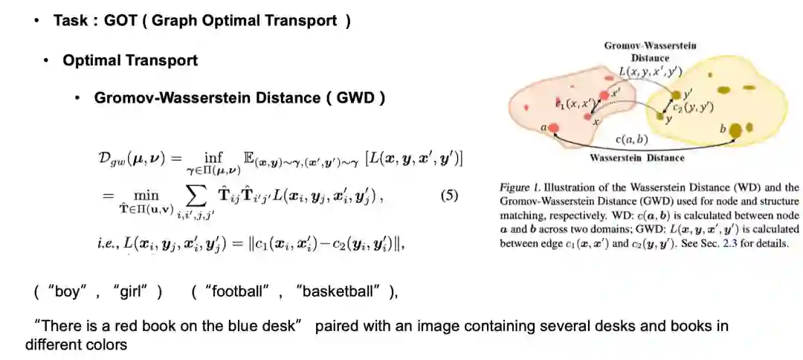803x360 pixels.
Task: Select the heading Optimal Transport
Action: coord(130,60)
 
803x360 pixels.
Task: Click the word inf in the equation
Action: coord(213,157)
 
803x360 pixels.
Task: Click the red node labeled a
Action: coord(552,129)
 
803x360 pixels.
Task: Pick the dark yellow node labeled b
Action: coord(735,131)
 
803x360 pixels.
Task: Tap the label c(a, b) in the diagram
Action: coord(632,139)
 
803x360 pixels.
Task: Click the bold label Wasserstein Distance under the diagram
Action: coord(636,158)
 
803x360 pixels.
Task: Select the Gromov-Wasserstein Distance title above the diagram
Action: coord(650,51)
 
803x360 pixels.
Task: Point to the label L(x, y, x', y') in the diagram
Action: coord(650,71)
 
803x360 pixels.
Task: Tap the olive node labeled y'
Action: coord(676,95)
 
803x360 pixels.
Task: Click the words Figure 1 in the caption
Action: coord(520,188)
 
